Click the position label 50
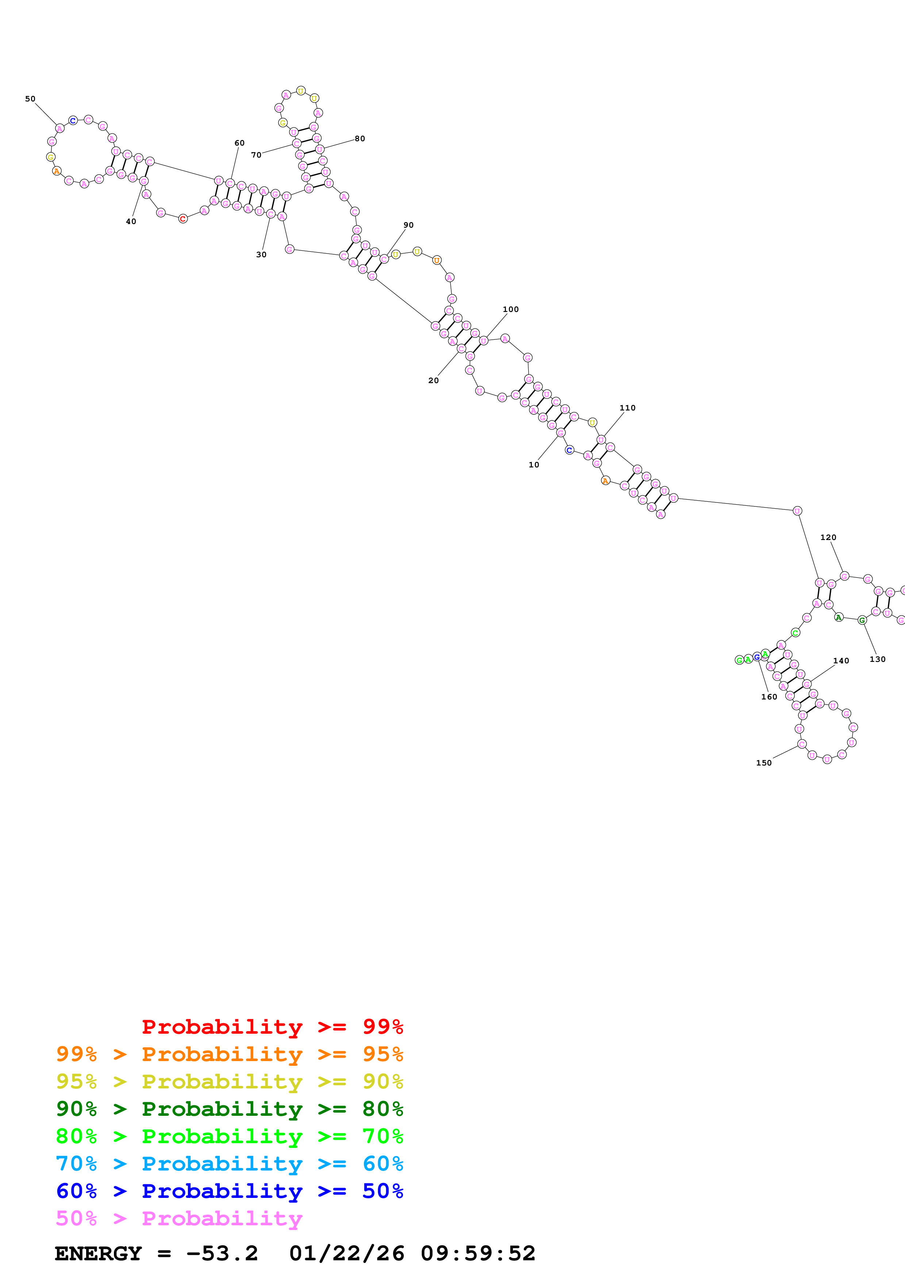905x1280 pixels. [x=30, y=99]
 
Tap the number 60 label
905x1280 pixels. [x=239, y=143]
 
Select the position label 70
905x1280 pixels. [x=256, y=155]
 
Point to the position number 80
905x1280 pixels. [x=360, y=138]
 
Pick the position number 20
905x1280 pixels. [x=433, y=380]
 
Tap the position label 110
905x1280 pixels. [x=627, y=408]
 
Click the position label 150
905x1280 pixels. [x=763, y=763]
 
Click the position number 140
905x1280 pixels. [x=841, y=661]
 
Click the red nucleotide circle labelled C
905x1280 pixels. [x=183, y=219]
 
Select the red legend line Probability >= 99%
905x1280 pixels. [x=272, y=1026]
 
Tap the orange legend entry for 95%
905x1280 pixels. [x=229, y=1054]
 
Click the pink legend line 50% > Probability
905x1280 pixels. [x=179, y=1218]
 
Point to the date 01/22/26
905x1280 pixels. [x=346, y=1253]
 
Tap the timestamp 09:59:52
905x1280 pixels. [x=478, y=1253]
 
